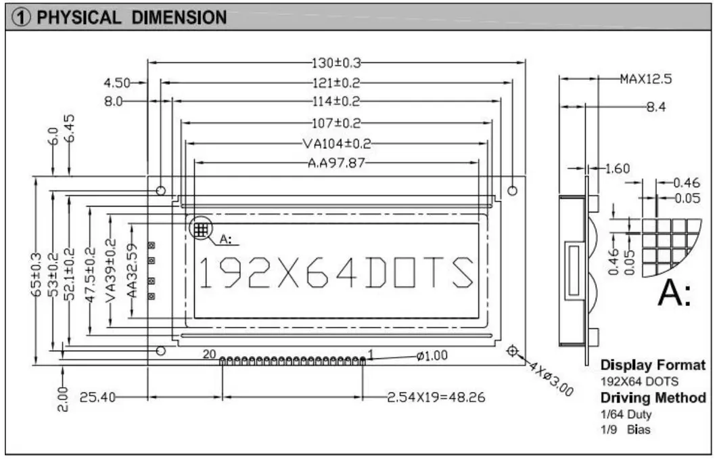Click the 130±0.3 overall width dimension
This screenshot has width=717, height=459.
[x=336, y=63]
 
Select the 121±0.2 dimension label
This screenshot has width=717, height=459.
[x=336, y=83]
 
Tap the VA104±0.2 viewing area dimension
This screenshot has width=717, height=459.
[x=336, y=144]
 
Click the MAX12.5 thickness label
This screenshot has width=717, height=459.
[x=645, y=79]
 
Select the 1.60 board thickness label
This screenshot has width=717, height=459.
[x=617, y=169]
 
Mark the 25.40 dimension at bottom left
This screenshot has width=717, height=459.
[x=95, y=397]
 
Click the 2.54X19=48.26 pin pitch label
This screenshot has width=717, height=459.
[x=436, y=397]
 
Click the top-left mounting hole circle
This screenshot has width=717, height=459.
[x=161, y=191]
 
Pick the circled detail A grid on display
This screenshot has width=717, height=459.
[x=200, y=229]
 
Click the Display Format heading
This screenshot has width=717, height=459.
[x=652, y=365]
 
